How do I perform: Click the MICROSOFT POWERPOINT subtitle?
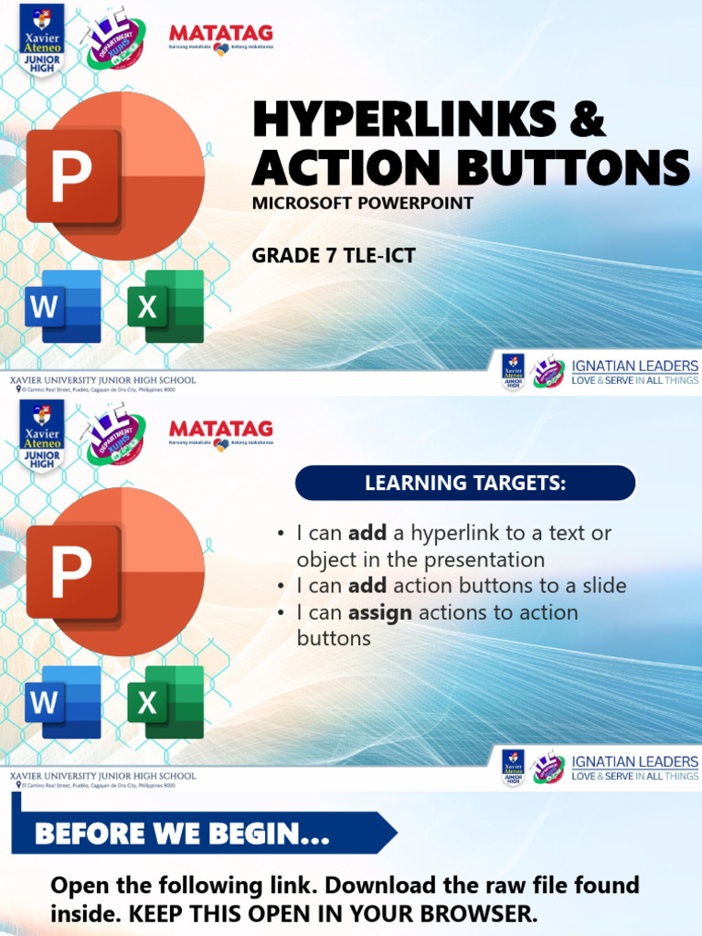(363, 203)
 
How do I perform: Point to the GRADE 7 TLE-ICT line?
(334, 256)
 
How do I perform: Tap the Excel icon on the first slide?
(165, 306)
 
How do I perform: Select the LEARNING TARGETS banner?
(465, 484)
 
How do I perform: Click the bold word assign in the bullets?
(380, 612)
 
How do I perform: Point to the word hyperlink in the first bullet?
(469, 533)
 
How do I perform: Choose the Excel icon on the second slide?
(165, 702)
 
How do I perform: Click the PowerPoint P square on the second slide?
(72, 572)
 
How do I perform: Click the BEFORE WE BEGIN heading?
(183, 834)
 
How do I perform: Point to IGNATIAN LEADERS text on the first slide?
(634, 366)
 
